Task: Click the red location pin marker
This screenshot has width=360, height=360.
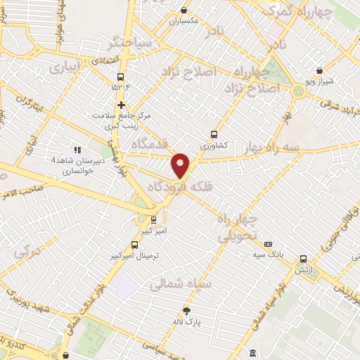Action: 181,165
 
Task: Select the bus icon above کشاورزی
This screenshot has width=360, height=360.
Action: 214,134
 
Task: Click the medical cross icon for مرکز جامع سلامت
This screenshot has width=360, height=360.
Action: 121,104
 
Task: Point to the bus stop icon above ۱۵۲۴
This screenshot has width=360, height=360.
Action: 121,77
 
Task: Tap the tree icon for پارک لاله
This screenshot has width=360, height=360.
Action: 186,311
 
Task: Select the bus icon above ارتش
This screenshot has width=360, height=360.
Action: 304,259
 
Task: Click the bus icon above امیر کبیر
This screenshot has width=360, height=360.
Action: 153,219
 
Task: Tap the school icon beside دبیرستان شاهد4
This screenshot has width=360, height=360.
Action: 77,150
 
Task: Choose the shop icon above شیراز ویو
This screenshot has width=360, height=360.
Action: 320,71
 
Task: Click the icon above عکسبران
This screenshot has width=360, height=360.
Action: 184,10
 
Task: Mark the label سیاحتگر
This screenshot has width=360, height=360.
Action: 127,43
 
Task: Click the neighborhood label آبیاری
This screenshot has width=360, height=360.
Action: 67,67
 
